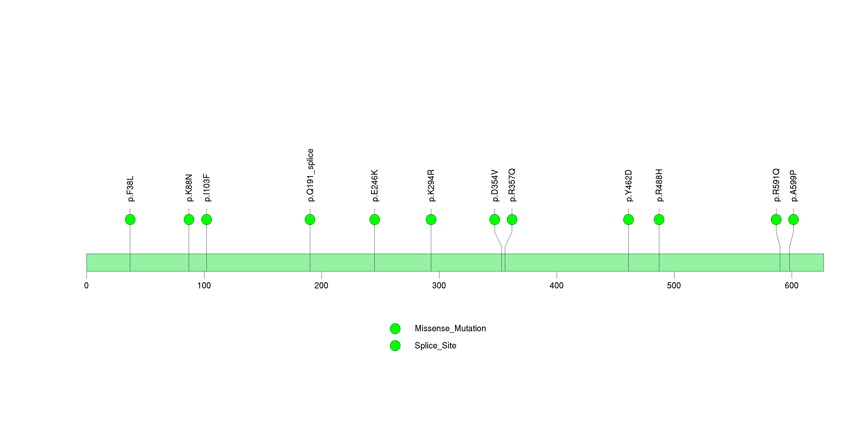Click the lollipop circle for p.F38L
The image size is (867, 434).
click(x=130, y=220)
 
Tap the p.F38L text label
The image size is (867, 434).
click(x=130, y=189)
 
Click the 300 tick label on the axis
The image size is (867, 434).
click(x=439, y=286)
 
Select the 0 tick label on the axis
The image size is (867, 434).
click(x=87, y=286)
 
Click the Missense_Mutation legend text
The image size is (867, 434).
click(x=450, y=328)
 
